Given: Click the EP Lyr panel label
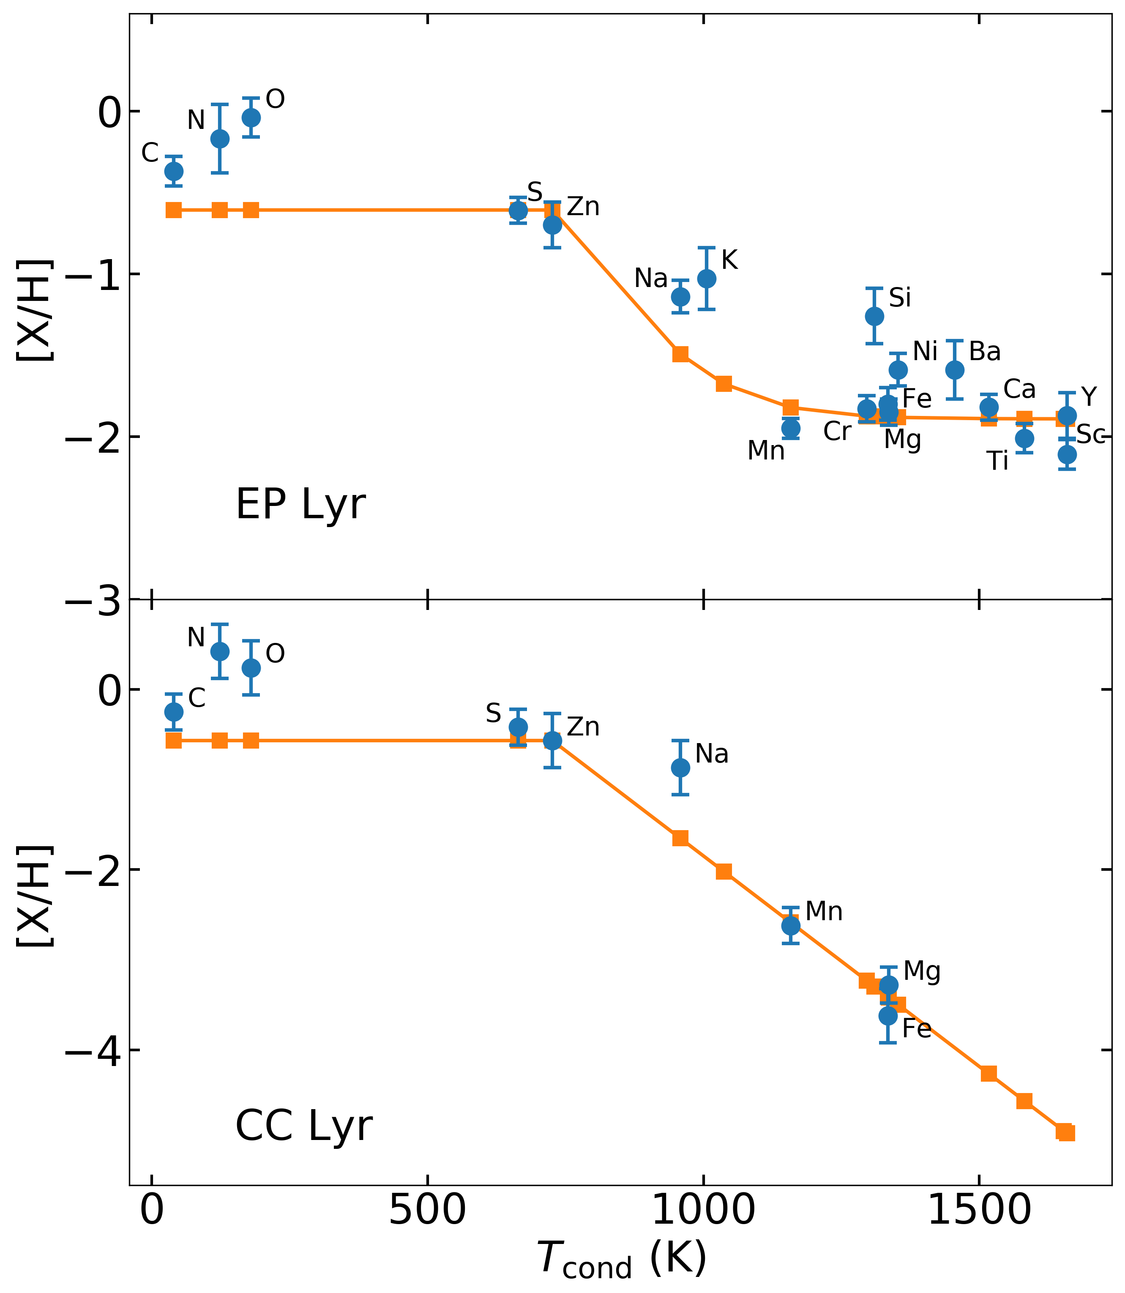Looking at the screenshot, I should pos(300,505).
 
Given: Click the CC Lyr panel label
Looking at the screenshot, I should pos(304,1126).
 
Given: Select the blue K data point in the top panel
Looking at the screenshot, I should pos(706,278).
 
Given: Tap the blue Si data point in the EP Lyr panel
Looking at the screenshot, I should pos(874,316).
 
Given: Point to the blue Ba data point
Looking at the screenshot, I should pos(954,370).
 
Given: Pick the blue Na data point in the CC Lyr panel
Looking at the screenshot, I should pos(680,767).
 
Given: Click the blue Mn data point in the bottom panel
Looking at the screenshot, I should pos(790,926).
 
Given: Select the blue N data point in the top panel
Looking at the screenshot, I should pos(219,139).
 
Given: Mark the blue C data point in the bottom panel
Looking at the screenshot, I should pos(174,711).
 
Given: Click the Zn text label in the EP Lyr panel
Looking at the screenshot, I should pos(583,207).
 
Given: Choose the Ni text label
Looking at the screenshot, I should pos(925,352).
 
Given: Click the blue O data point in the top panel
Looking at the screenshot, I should pos(251,118).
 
